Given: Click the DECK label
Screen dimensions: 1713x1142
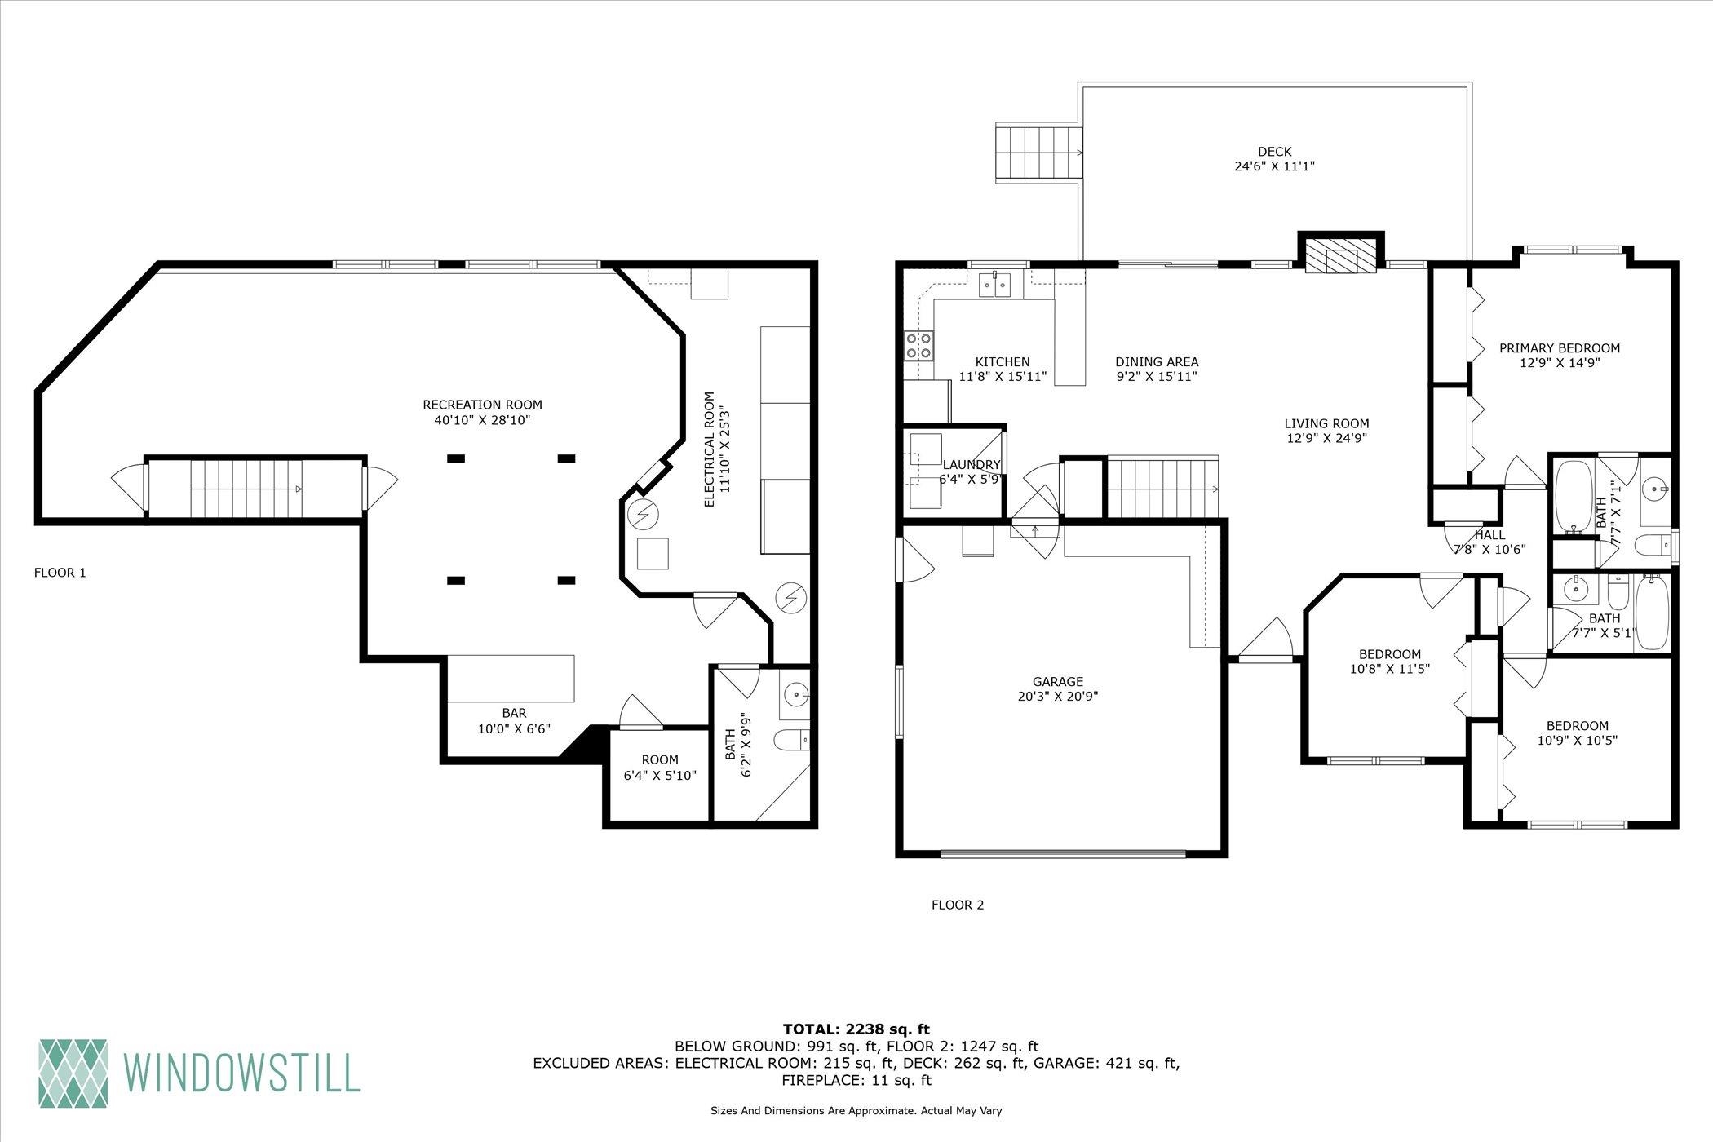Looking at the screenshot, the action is pos(1274,152).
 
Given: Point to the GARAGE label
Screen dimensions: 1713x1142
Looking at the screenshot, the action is pos(1058,682).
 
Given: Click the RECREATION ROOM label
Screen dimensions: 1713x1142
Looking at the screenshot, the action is pos(482,405).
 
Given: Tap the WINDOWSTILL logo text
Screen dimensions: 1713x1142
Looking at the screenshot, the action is pos(241,1072).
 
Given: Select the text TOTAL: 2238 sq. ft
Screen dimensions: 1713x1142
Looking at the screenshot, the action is pos(856,1029).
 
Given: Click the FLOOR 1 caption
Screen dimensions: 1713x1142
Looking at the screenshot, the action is pos(60,573).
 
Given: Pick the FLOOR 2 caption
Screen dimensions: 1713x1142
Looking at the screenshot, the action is pos(958,905).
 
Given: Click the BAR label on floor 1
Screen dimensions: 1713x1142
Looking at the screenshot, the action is pos(514,713).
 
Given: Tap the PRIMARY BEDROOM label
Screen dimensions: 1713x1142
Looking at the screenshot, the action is pos(1560,348).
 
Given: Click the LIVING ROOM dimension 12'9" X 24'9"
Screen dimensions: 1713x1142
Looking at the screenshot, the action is pos(1326,438).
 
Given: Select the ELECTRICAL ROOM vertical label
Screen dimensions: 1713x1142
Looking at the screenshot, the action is pos(709,449).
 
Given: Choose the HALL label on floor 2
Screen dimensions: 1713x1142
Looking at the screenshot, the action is pos(1489,535).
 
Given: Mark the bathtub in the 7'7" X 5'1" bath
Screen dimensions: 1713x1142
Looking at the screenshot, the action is pos(1652,612).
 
